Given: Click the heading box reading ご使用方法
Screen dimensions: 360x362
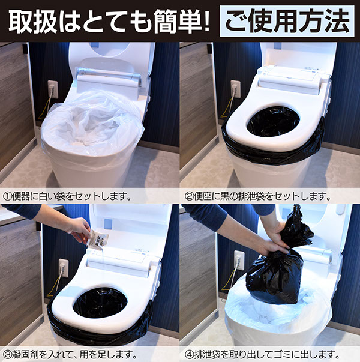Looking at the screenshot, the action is [x=287, y=21].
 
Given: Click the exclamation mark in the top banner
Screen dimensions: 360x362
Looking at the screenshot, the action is [x=206, y=21].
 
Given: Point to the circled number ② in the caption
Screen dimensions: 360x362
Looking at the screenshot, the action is [x=189, y=196].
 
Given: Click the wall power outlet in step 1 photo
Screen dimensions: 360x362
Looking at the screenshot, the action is [x=53, y=89].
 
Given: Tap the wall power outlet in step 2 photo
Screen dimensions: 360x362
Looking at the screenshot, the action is [x=236, y=89].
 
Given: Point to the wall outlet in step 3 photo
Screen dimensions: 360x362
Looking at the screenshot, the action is [x=64, y=268].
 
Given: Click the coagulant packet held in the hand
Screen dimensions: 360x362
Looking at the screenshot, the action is [x=97, y=240].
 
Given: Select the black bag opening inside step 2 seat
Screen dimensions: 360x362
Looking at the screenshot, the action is [x=273, y=122].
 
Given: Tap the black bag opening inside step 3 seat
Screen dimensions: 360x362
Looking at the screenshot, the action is [x=100, y=303].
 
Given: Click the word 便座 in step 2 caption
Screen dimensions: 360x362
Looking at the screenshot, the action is [x=202, y=196].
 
